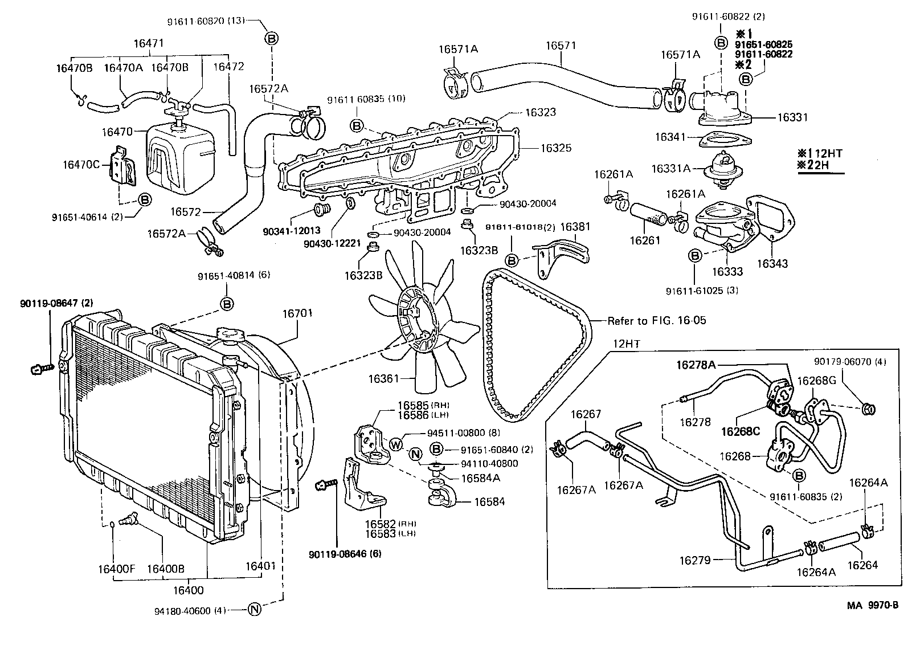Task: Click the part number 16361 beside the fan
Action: coord(383,378)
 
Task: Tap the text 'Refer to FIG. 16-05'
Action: coord(657,321)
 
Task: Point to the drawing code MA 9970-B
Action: coord(872,606)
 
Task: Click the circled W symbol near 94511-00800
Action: coord(396,445)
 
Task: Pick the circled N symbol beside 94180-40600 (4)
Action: coord(255,610)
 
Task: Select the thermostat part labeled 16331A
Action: coord(670,168)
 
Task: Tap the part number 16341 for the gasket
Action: coord(669,137)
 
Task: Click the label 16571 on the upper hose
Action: coord(561,45)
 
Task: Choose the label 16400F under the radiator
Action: coord(116,568)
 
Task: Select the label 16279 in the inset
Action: coord(694,561)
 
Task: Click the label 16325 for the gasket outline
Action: coord(555,148)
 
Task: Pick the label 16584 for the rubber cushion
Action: coord(489,502)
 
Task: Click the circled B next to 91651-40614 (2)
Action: coord(145,200)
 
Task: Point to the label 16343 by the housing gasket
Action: coord(772,264)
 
